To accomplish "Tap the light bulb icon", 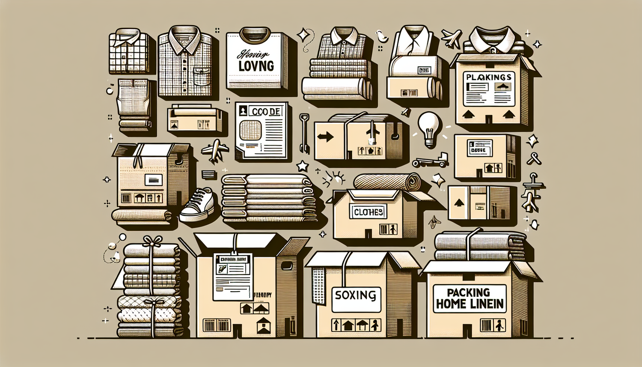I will coord(429,128).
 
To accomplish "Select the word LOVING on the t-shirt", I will coord(256,66).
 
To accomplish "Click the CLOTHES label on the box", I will coord(368,212).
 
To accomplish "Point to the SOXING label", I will coord(356,295).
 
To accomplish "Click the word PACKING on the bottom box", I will coord(468,292).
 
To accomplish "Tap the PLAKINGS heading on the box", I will coord(488,78).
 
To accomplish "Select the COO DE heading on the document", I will coord(266,112).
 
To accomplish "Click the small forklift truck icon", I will coord(430,161).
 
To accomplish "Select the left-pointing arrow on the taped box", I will coord(326,137).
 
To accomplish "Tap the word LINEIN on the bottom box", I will coord(487,304).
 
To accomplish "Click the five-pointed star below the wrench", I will coord(303,165).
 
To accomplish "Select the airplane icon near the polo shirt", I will coord(452,39).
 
